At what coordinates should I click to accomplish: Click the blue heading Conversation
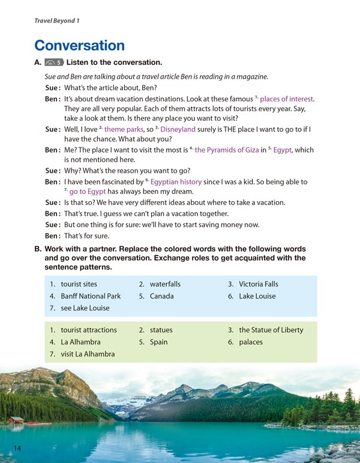click(79, 45)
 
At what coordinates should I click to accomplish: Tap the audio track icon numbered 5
click(54, 62)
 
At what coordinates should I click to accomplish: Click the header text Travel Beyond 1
click(57, 21)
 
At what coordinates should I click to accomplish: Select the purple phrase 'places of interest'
click(287, 99)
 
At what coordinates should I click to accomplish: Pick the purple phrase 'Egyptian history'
click(176, 181)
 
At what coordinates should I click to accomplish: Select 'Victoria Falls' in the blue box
click(259, 284)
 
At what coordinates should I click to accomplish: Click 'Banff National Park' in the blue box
click(91, 296)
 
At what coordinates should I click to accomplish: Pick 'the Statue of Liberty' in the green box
click(271, 330)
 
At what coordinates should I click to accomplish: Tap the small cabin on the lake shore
click(17, 420)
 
